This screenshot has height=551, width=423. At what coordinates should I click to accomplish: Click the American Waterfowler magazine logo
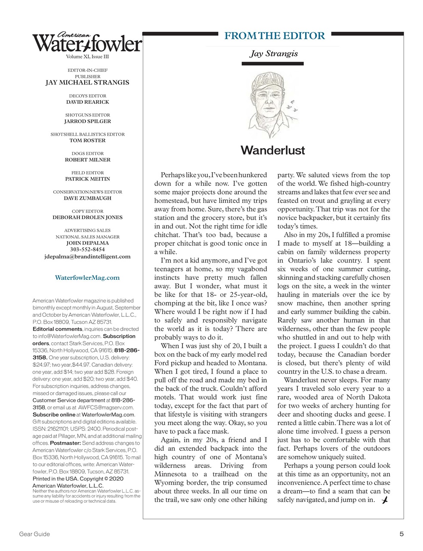click(87, 43)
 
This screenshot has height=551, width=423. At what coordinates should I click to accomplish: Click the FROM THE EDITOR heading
click(275, 36)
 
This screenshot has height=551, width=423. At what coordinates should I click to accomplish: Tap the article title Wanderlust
click(272, 150)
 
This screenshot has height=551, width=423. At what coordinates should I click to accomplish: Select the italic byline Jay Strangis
click(274, 54)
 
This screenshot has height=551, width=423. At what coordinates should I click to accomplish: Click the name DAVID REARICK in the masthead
click(87, 102)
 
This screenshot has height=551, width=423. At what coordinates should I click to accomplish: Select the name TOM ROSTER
click(87, 140)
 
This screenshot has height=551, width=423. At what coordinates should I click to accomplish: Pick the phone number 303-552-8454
click(87, 249)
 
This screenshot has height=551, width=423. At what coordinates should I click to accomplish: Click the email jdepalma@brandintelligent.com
click(87, 257)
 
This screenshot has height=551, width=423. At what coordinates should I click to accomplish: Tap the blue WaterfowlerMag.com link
click(87, 278)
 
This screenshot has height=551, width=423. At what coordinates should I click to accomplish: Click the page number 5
click(401, 534)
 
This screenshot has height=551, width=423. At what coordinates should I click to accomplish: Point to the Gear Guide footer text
click(34, 534)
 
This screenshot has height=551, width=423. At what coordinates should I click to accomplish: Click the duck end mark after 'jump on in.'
click(385, 499)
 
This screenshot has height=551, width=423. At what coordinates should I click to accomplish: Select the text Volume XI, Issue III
click(87, 57)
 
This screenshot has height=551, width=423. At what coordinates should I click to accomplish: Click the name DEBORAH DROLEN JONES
click(87, 217)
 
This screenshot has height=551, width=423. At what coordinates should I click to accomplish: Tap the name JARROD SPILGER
click(87, 121)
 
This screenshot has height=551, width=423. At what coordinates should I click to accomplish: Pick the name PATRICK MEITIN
click(87, 179)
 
